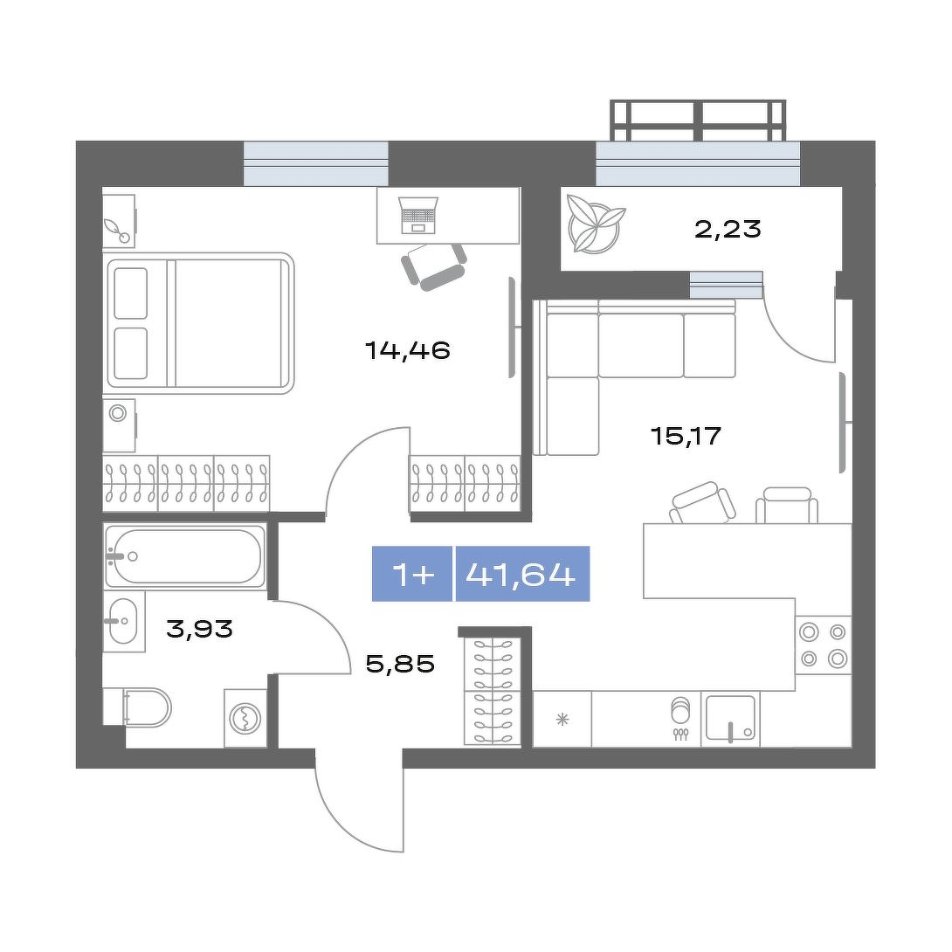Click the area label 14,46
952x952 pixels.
407,351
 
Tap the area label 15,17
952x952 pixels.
686,435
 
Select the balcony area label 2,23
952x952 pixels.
728,230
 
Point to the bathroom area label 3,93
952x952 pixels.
200,629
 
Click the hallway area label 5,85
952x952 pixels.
401,664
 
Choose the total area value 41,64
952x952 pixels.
521,574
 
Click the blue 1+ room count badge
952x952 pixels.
412,574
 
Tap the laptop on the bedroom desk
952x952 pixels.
419,216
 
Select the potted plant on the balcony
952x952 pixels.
595,223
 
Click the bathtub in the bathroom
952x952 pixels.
185,556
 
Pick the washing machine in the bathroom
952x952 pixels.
245,718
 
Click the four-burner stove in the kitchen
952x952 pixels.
824,645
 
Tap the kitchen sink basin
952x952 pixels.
729,718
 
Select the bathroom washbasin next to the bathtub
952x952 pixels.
124,620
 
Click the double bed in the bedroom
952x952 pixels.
200,323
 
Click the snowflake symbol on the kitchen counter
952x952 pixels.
562,720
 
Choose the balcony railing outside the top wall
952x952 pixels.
698,121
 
